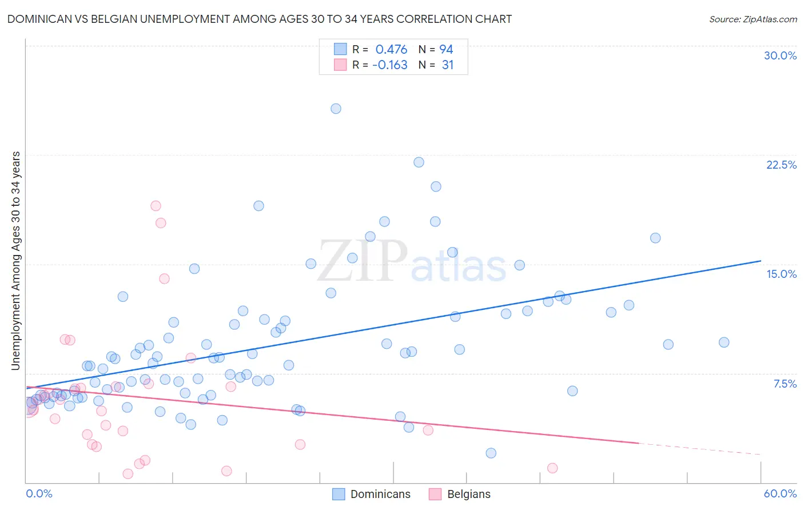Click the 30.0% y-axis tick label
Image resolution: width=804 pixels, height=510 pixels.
tap(780, 55)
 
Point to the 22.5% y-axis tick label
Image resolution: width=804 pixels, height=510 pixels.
tap(781, 165)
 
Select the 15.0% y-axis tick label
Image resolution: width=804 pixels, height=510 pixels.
tap(781, 274)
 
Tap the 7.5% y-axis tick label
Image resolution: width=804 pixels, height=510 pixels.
tap(785, 384)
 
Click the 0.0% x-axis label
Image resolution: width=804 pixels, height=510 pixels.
tap(39, 493)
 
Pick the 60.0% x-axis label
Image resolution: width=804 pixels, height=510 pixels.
tap(780, 493)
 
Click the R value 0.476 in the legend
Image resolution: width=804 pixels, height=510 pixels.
tap(391, 50)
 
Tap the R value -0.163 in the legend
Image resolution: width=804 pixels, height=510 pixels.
tap(389, 65)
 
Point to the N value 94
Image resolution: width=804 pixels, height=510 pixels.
tap(446, 50)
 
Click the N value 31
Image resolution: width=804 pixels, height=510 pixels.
tap(447, 65)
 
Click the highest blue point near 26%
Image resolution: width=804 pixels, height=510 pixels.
tap(336, 109)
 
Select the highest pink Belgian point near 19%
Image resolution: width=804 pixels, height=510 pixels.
tap(156, 206)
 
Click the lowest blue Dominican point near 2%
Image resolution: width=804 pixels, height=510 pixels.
tap(491, 453)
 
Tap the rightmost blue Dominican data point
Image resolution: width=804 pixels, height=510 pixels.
tap(724, 342)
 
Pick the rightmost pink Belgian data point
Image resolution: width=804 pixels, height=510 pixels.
tap(552, 468)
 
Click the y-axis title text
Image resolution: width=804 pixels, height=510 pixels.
tap(15, 261)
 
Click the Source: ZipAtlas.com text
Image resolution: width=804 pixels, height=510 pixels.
tap(753, 19)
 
